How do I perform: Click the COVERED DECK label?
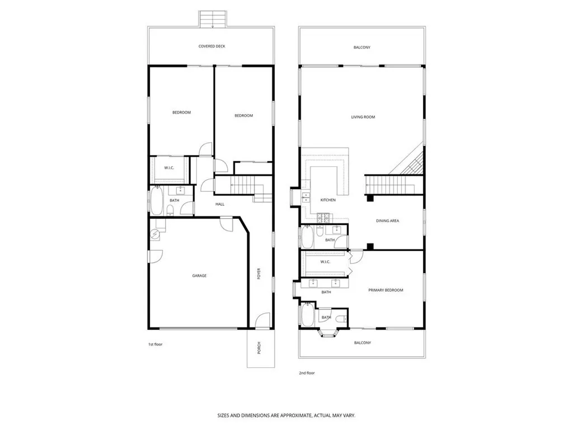tap(212, 46)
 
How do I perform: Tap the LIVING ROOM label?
tap(363, 117)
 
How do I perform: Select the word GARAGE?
tap(199, 275)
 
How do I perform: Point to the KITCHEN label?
tap(327, 200)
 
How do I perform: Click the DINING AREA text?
tap(387, 221)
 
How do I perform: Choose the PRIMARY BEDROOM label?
tap(386, 290)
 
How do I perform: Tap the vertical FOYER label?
tap(259, 274)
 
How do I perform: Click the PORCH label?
tap(259, 348)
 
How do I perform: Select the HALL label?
tap(220, 204)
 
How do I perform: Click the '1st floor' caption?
tap(155, 344)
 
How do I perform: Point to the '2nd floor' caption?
tap(307, 372)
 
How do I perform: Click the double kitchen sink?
tap(306, 197)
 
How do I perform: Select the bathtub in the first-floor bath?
tap(156, 200)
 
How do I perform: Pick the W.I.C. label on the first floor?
tap(169, 168)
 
